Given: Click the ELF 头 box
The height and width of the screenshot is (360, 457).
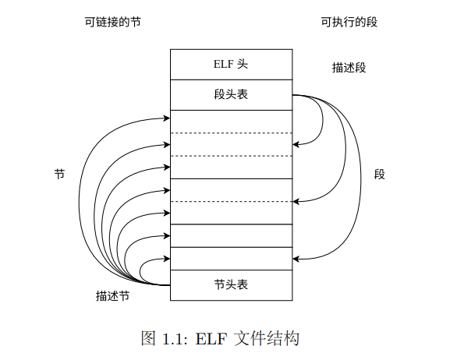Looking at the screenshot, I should [231, 64].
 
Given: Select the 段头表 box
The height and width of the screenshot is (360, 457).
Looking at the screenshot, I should [231, 95].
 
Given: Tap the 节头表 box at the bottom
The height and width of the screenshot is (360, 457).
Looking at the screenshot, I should [231, 284].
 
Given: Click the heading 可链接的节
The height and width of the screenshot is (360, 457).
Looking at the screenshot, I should [113, 22].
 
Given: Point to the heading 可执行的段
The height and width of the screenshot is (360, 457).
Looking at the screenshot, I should [349, 22].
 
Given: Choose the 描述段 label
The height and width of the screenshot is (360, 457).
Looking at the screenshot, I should [349, 68].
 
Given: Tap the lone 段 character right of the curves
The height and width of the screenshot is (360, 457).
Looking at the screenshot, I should [380, 175].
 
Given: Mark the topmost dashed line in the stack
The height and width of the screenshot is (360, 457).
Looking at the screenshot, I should [231, 133].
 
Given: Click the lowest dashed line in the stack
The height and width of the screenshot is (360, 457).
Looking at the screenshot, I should [231, 202].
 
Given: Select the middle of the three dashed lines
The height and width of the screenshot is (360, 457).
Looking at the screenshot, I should [231, 156].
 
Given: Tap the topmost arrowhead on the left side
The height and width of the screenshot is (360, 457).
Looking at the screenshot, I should [167, 118].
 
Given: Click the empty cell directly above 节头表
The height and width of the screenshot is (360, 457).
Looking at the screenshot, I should [231, 258].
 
